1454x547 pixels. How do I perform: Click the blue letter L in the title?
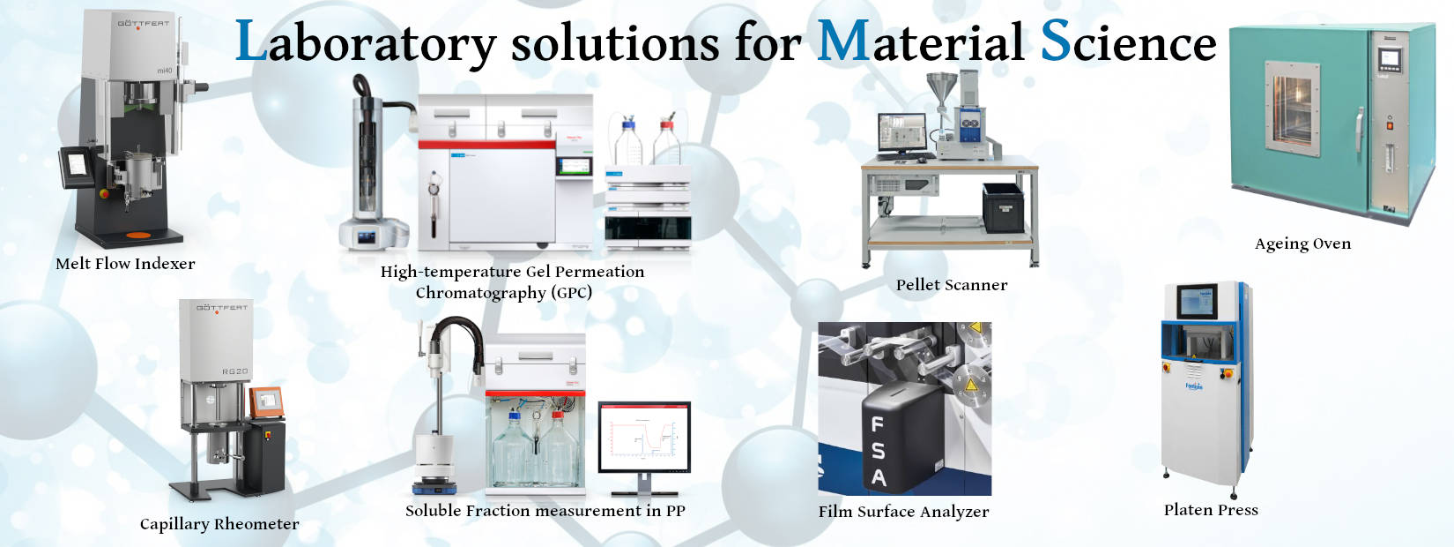(x=250, y=41)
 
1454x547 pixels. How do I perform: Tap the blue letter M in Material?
(x=843, y=41)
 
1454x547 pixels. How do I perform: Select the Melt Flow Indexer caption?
(x=125, y=264)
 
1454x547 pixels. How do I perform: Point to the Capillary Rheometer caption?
(x=219, y=524)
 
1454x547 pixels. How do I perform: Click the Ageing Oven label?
(x=1302, y=244)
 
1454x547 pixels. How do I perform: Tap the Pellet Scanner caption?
(x=952, y=285)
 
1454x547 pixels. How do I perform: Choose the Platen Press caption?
(x=1211, y=510)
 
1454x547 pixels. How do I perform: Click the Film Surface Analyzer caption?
(x=903, y=512)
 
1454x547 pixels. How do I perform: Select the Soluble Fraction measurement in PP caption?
(x=545, y=511)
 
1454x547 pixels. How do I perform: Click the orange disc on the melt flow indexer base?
(x=138, y=235)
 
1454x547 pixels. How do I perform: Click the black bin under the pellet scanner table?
(x=1003, y=207)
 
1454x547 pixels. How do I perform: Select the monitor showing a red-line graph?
(x=644, y=438)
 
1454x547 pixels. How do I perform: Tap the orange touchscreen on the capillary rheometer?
(x=267, y=402)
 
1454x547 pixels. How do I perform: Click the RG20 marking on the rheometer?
(x=235, y=371)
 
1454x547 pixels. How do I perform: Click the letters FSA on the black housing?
(x=878, y=451)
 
